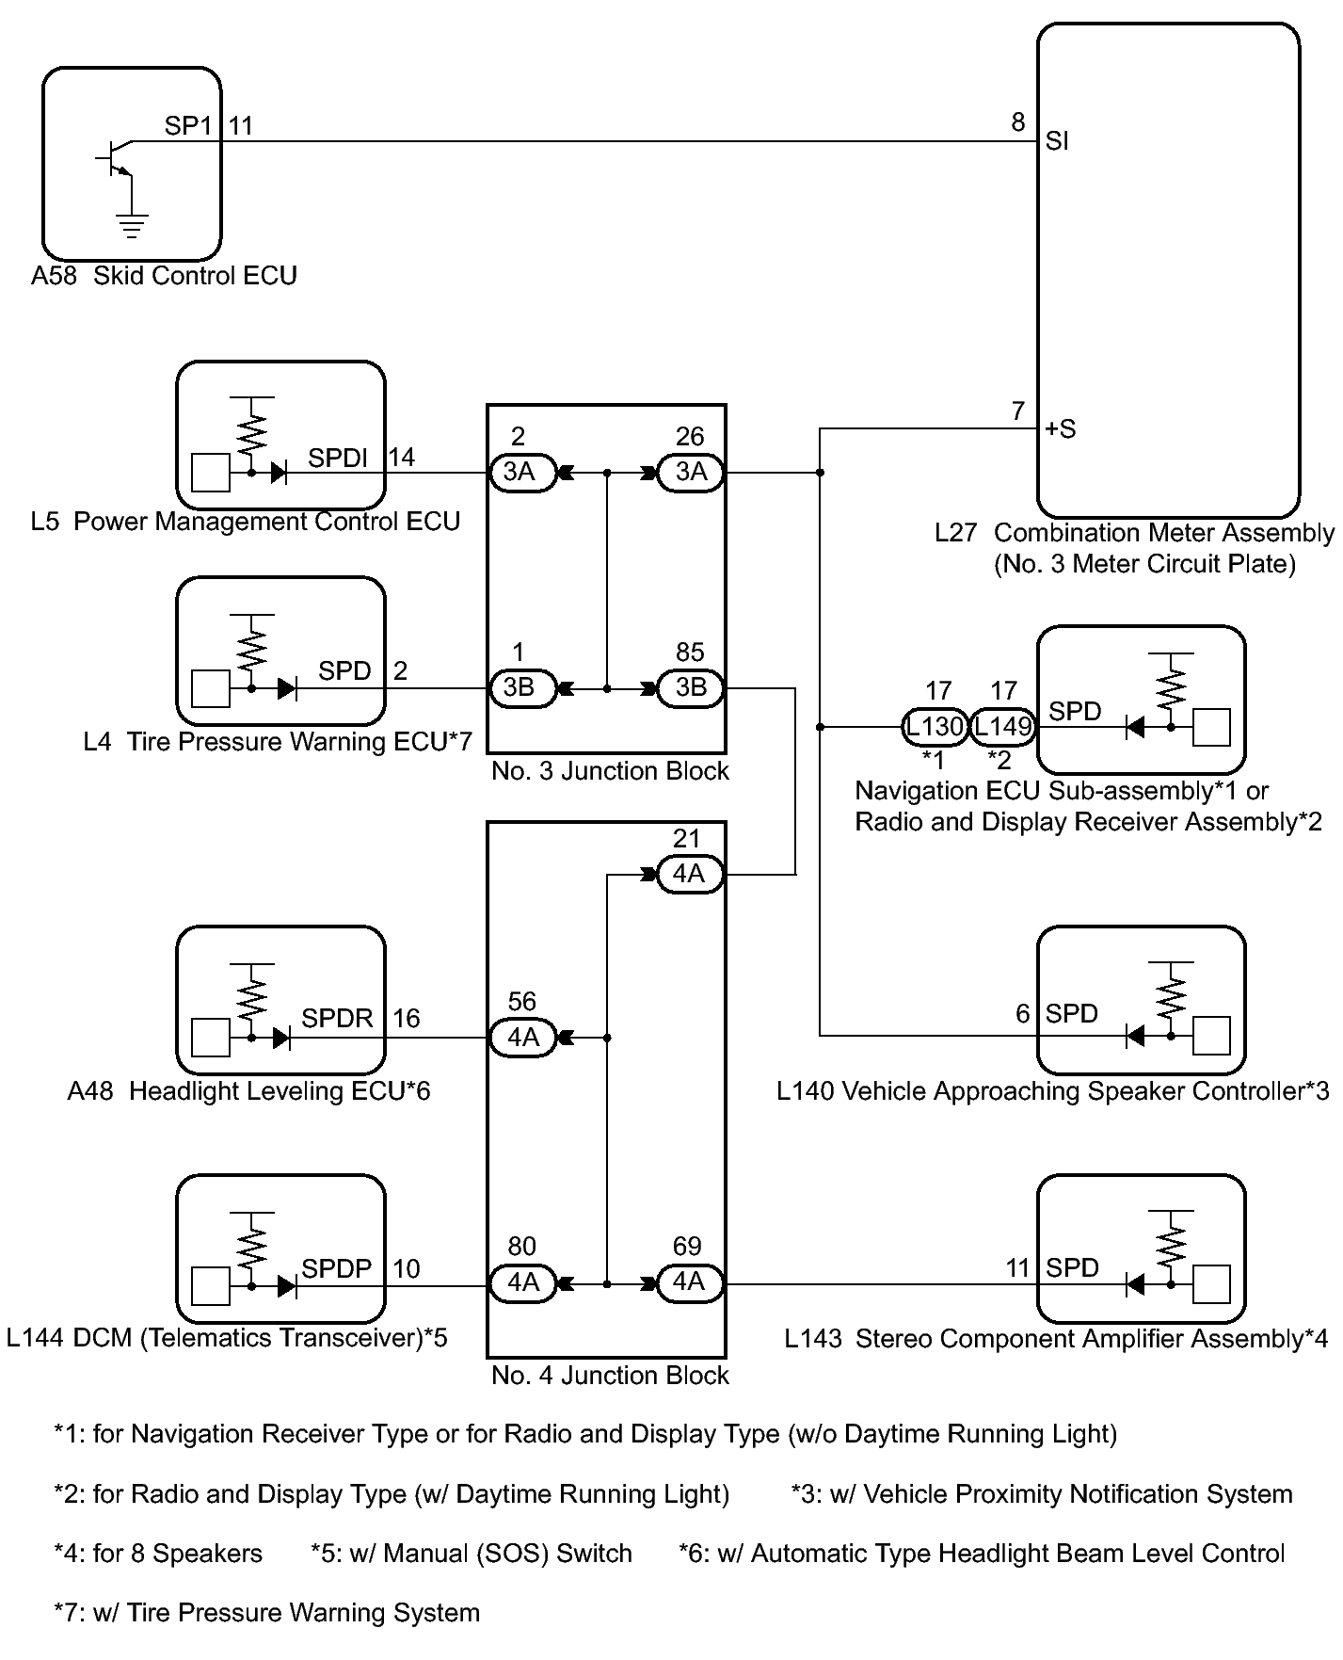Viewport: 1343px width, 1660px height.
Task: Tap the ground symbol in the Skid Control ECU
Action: pyautogui.click(x=132, y=225)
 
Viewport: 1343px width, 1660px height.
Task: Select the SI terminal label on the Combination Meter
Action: pyautogui.click(x=1057, y=142)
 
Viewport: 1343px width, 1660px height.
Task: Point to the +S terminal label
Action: pyautogui.click(x=1060, y=429)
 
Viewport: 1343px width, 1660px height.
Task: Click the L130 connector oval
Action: pyautogui.click(x=935, y=727)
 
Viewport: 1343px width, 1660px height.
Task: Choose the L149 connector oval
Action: pyautogui.click(x=1002, y=727)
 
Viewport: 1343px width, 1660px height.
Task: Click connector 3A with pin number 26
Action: pyautogui.click(x=690, y=472)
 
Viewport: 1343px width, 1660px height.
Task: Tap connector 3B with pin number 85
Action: pyautogui.click(x=690, y=687)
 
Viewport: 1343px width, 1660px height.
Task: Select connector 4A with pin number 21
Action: pyautogui.click(x=689, y=874)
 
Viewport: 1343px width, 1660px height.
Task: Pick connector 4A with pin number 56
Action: pyautogui.click(x=523, y=1038)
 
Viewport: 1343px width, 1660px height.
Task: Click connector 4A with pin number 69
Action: pyautogui.click(x=689, y=1282)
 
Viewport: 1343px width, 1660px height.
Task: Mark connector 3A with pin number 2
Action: pyautogui.click(x=519, y=472)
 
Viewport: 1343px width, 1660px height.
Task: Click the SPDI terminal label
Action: pyautogui.click(x=338, y=458)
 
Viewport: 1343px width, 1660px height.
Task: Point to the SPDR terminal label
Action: pyautogui.click(x=337, y=1018)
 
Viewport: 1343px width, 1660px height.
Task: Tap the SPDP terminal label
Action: pyautogui.click(x=336, y=1268)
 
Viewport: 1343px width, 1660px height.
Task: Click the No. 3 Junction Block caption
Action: pyautogui.click(x=610, y=771)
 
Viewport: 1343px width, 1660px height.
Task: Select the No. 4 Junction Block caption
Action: pyautogui.click(x=610, y=1376)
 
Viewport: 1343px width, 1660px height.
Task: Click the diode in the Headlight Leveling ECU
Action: pyautogui.click(x=280, y=1038)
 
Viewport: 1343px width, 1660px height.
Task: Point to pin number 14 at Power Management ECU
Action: pyautogui.click(x=402, y=458)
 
